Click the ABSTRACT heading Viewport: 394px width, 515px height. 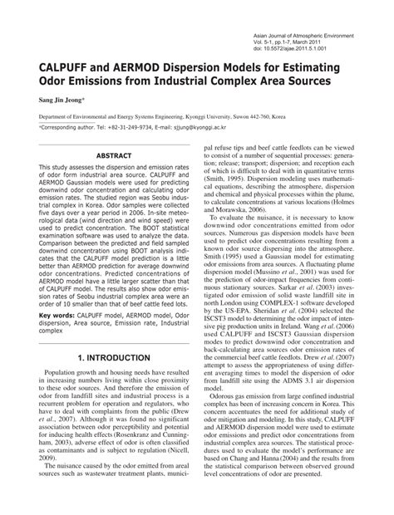tap(109, 154)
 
